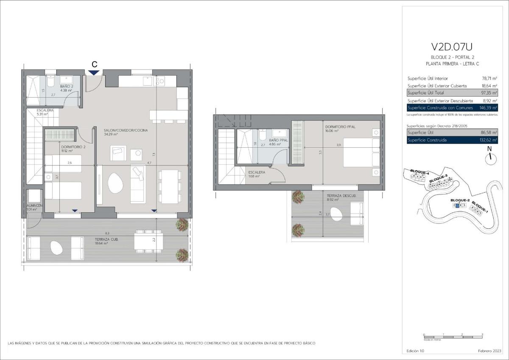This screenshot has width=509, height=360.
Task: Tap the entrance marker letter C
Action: coord(95,64)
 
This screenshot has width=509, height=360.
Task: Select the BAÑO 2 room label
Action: coord(67,87)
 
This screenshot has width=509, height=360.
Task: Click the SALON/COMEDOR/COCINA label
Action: coord(120,130)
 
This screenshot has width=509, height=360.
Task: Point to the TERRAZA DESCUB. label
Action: coord(338,196)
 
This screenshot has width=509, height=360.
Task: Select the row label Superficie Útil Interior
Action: coord(428,79)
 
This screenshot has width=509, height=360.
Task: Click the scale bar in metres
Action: coord(453,337)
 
